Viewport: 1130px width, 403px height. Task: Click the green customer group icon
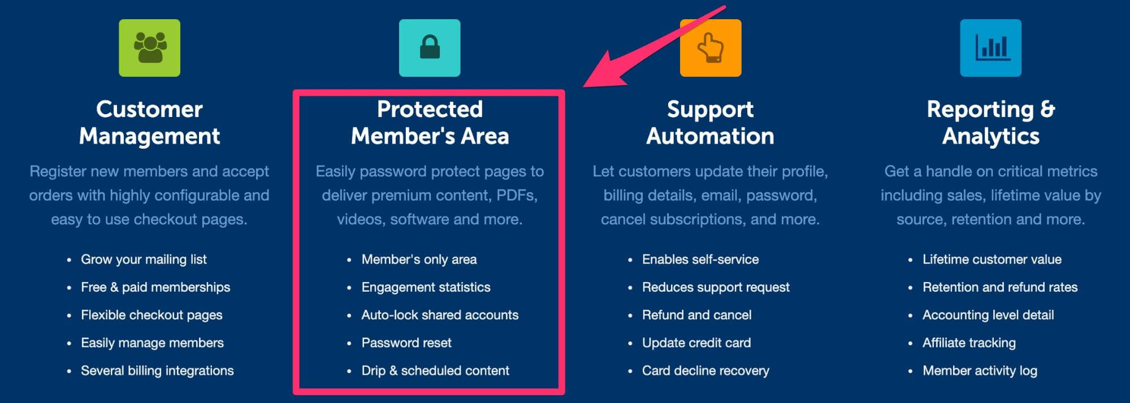pos(149,48)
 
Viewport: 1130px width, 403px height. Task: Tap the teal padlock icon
pos(430,48)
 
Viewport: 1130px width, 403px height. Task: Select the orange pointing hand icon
pos(711,48)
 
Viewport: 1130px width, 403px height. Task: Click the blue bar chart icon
pos(991,48)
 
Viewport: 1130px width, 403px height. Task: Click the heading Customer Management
pos(149,123)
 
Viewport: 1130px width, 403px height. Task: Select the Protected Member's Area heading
pos(430,123)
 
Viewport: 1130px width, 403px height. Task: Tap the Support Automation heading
pos(711,123)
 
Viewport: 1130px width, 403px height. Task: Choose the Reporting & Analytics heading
pos(991,123)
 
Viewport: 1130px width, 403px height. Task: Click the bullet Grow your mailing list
pos(144,259)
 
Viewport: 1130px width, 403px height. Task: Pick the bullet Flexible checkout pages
pos(151,315)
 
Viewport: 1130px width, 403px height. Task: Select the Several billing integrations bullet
pos(157,370)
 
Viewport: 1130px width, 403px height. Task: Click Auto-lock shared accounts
pos(440,315)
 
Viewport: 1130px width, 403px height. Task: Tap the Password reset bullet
pos(406,343)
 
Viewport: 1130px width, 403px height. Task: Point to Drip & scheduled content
pos(435,370)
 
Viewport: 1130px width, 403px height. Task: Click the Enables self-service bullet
pos(700,259)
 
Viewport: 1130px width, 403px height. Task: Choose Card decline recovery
pos(705,370)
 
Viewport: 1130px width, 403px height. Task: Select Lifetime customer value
pos(992,259)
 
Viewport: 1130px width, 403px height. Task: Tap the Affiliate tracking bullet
pos(969,343)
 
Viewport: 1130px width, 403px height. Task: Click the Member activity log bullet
pos(980,370)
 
